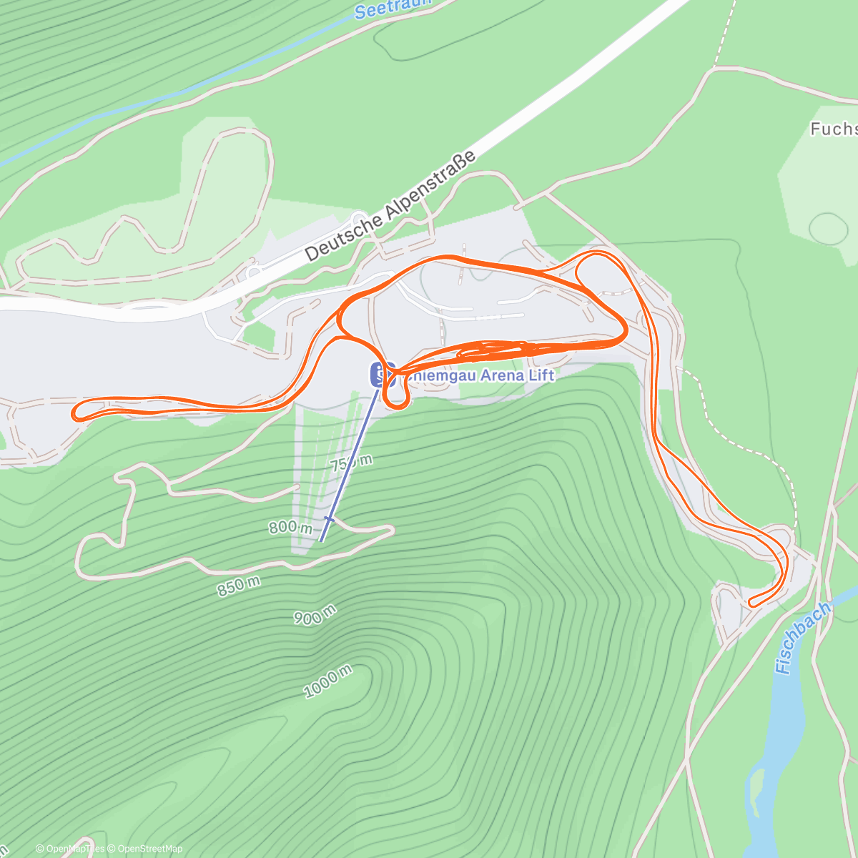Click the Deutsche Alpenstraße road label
pos(390,206)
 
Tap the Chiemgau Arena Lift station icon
pos(378,374)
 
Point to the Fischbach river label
pos(803,638)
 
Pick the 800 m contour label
pos(291,528)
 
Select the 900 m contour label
pos(315,614)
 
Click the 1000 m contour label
pos(328,681)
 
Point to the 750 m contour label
pos(351,462)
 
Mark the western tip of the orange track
pos(74,413)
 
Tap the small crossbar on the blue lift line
pos(329,518)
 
